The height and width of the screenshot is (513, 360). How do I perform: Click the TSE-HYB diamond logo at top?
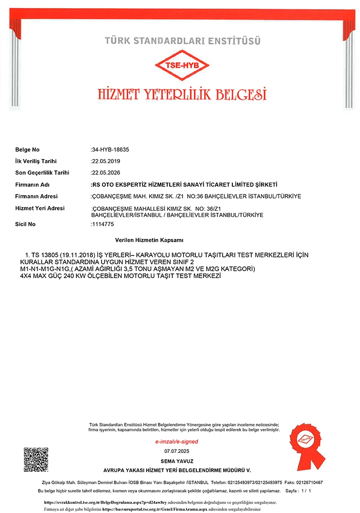click(182, 66)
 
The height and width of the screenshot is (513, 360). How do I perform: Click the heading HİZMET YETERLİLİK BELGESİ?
click(182, 94)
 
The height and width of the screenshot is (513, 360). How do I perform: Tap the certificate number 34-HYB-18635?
click(110, 150)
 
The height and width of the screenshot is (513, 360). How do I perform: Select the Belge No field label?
click(27, 150)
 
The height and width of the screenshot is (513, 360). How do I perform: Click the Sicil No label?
click(26, 224)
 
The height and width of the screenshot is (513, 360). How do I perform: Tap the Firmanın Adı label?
click(32, 185)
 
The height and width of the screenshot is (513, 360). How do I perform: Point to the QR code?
click(36, 460)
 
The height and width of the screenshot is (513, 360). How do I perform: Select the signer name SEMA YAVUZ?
click(176, 461)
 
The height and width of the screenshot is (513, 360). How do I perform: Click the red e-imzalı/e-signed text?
click(176, 441)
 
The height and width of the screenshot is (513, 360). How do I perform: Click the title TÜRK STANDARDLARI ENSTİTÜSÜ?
click(183, 40)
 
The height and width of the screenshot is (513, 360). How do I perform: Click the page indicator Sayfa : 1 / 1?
click(298, 491)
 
